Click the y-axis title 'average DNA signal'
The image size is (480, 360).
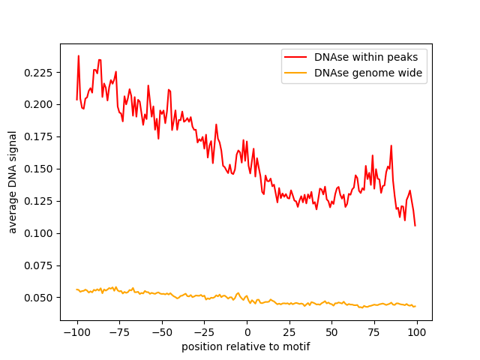13,181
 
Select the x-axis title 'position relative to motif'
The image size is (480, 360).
246,346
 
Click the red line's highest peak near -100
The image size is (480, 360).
79,55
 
